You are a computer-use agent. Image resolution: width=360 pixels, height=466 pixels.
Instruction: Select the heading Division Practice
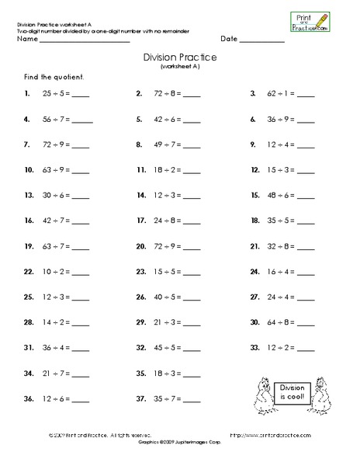180,58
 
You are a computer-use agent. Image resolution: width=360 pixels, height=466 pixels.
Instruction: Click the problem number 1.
27,95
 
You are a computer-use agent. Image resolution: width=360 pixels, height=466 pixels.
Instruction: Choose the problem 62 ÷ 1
280,95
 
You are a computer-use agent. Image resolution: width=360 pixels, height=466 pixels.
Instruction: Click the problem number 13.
29,196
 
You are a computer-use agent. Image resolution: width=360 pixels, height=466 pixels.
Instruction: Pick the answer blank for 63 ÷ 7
81,248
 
